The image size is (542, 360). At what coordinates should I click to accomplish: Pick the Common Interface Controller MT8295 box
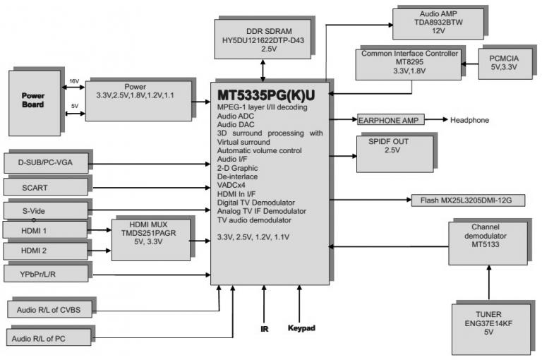pyautogui.click(x=409, y=62)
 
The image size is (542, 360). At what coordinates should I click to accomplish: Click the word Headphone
pyautogui.click(x=469, y=120)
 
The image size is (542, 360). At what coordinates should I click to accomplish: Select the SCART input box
pyautogui.click(x=46, y=188)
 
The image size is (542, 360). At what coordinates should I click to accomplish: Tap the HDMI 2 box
pyautogui.click(x=46, y=251)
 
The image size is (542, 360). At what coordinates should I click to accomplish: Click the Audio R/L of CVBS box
pyautogui.click(x=50, y=309)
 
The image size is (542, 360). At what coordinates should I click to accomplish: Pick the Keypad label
pyautogui.click(x=301, y=329)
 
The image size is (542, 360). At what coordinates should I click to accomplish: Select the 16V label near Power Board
pyautogui.click(x=74, y=82)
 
